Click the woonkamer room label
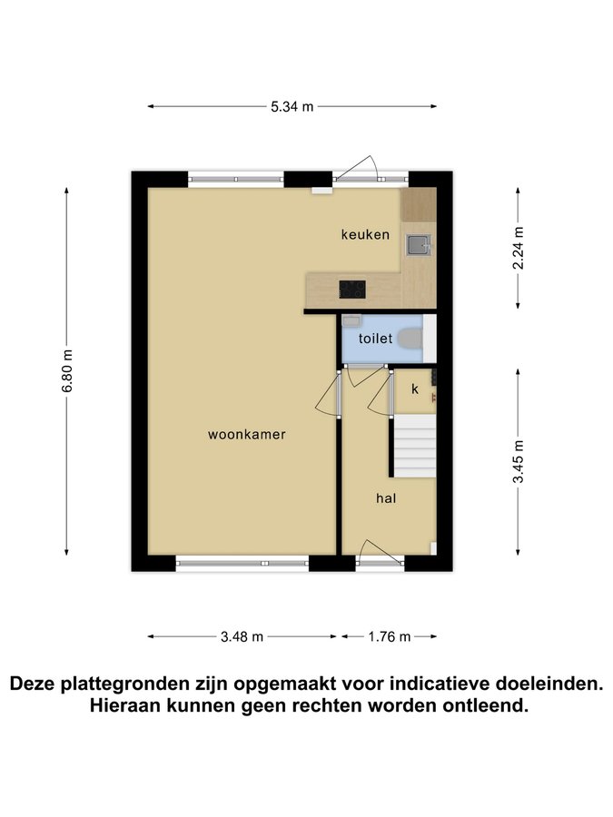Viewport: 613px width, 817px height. (246, 435)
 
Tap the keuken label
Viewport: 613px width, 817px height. (365, 234)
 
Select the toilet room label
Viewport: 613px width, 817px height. (375, 339)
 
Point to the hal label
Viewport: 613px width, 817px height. (386, 498)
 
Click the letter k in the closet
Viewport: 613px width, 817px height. (415, 389)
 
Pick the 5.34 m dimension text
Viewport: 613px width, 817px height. (292, 107)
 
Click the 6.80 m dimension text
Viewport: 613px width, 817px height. (66, 371)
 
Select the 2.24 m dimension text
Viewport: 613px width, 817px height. (519, 248)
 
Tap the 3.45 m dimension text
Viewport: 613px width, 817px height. (519, 462)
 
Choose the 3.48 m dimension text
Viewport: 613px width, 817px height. (242, 636)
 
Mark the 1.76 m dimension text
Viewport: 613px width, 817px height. (390, 636)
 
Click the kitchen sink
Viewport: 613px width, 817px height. (420, 245)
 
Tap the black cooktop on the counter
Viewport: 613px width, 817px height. (352, 290)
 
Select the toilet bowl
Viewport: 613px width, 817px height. (410, 339)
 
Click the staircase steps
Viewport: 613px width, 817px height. (414, 446)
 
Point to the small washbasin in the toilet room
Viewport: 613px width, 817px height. (351, 320)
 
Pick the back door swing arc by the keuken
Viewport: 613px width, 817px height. (357, 166)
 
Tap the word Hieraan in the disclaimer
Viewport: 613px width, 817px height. (125, 706)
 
